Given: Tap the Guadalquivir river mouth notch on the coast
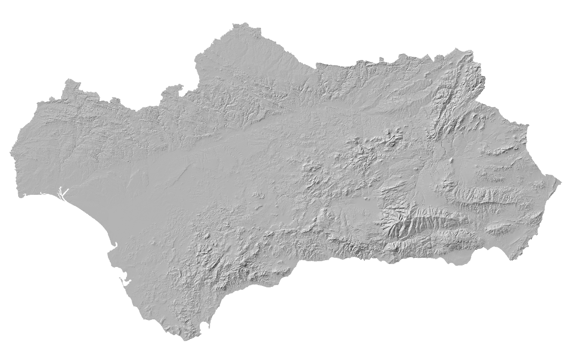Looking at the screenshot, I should click(114, 246).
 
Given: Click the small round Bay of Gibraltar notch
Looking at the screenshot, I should click(206, 326).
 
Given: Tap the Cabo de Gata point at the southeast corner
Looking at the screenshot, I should click(512, 259).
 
